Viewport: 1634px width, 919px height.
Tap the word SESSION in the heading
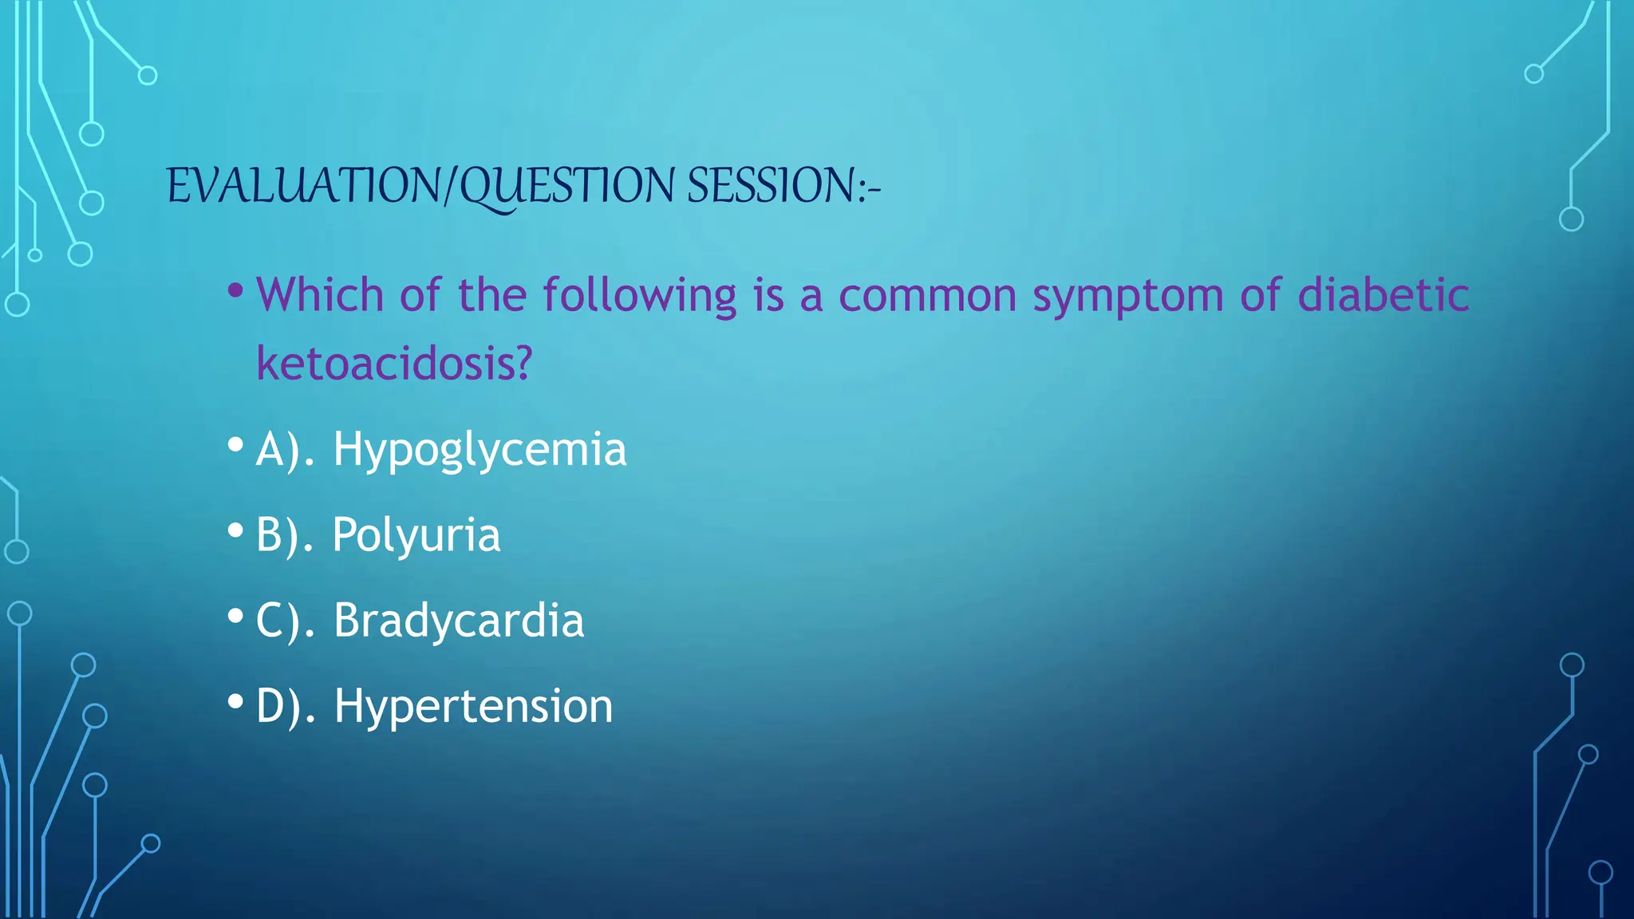click(771, 186)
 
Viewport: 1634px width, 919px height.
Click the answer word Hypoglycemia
click(480, 449)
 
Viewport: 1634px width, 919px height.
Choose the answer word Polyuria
click(416, 534)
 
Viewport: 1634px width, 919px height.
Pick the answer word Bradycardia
click(459, 620)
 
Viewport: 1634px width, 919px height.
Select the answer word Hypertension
click(473, 706)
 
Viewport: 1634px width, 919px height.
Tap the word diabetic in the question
click(1383, 294)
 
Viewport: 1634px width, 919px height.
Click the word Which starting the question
click(320, 294)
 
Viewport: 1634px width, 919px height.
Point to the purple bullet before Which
click(235, 290)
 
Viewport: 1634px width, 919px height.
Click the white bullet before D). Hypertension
click(235, 702)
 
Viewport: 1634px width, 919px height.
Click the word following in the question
click(640, 294)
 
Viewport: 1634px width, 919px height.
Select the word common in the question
click(927, 296)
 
